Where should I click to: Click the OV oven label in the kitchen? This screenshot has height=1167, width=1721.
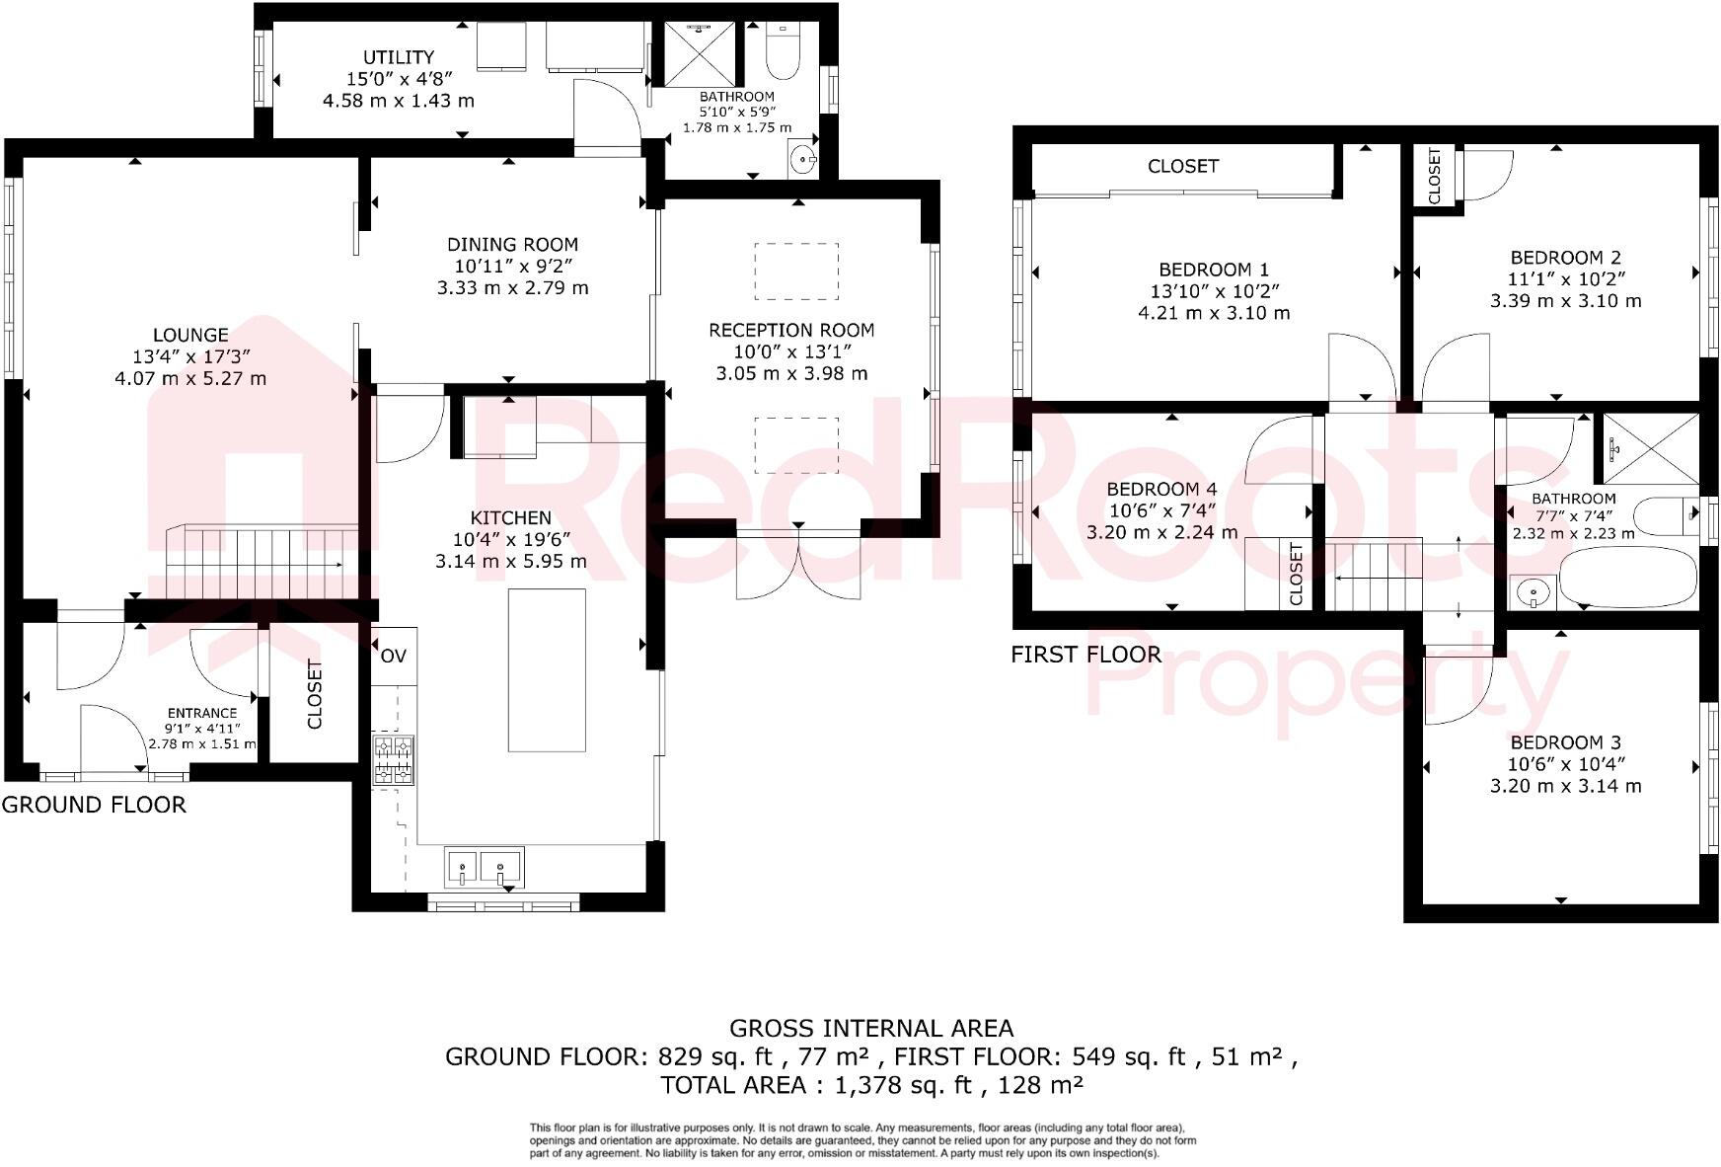[393, 656]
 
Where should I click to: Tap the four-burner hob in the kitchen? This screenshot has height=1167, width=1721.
[393, 761]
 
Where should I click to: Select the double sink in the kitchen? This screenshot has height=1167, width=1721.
[485, 868]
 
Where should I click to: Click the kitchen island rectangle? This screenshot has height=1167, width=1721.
[547, 670]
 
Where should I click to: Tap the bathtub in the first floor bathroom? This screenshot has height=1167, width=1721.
[1627, 579]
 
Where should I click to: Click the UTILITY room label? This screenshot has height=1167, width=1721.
[399, 57]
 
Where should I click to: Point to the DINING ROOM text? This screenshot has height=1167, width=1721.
[512, 244]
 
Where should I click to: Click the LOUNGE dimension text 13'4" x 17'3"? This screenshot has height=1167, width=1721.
[190, 356]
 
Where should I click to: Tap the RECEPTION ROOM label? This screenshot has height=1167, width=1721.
[791, 330]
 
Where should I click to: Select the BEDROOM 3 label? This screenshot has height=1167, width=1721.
[1565, 742]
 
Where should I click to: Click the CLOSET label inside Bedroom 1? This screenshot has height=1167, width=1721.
[1182, 166]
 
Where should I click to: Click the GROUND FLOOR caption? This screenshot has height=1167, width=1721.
[94, 805]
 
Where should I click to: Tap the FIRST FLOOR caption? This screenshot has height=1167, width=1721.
[1085, 654]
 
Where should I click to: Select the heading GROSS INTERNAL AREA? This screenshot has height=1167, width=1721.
[870, 1029]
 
